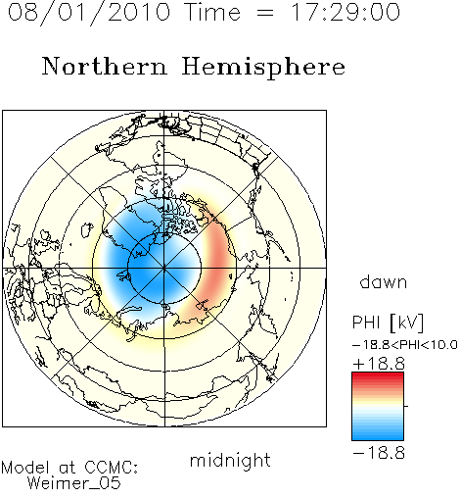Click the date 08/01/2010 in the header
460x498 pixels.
click(89, 13)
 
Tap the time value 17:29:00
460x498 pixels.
click(345, 13)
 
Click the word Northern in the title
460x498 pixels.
click(105, 66)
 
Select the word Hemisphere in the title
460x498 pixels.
click(263, 68)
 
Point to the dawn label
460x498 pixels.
click(384, 281)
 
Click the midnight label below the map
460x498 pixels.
click(230, 461)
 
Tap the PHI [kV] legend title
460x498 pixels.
click(388, 323)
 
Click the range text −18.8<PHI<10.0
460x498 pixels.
click(405, 345)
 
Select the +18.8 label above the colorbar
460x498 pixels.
click(379, 364)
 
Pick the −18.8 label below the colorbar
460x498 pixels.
click(379, 453)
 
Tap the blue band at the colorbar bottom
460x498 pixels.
click(378, 433)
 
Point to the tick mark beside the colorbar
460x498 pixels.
click(406, 406)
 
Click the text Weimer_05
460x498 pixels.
click(74, 482)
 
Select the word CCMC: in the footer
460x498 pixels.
click(112, 468)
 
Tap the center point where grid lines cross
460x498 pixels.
click(164, 268)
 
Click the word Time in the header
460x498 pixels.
click(212, 13)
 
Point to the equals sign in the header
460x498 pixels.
click(265, 14)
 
